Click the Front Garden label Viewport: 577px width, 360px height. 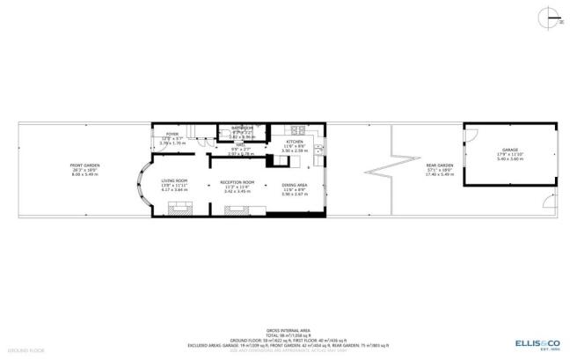(x=84, y=166)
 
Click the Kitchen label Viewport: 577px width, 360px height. (x=294, y=142)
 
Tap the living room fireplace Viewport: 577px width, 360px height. (x=179, y=209)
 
